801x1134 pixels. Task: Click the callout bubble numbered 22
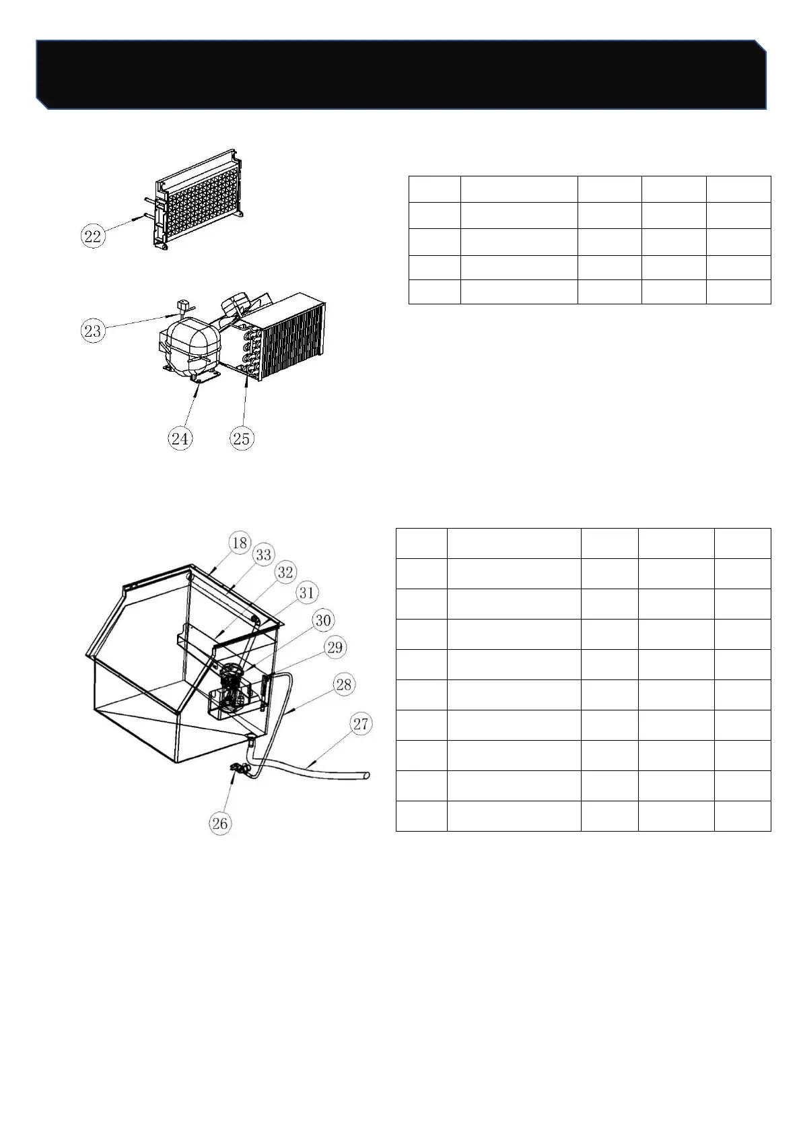point(93,236)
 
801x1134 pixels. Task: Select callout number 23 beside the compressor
point(93,331)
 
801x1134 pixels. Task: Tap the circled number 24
point(180,438)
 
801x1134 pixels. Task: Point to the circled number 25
point(242,438)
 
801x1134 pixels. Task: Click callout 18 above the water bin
point(240,543)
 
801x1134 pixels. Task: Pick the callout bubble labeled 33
point(264,555)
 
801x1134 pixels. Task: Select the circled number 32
point(285,572)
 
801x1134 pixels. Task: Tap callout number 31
point(307,593)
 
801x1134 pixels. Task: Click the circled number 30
point(323,620)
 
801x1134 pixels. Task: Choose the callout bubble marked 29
point(335,647)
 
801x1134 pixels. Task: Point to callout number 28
point(344,684)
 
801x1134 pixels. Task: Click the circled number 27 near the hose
point(361,724)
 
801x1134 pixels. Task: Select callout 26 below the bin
point(220,824)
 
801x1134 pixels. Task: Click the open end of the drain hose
point(368,775)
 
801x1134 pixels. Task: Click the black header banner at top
point(401,75)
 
